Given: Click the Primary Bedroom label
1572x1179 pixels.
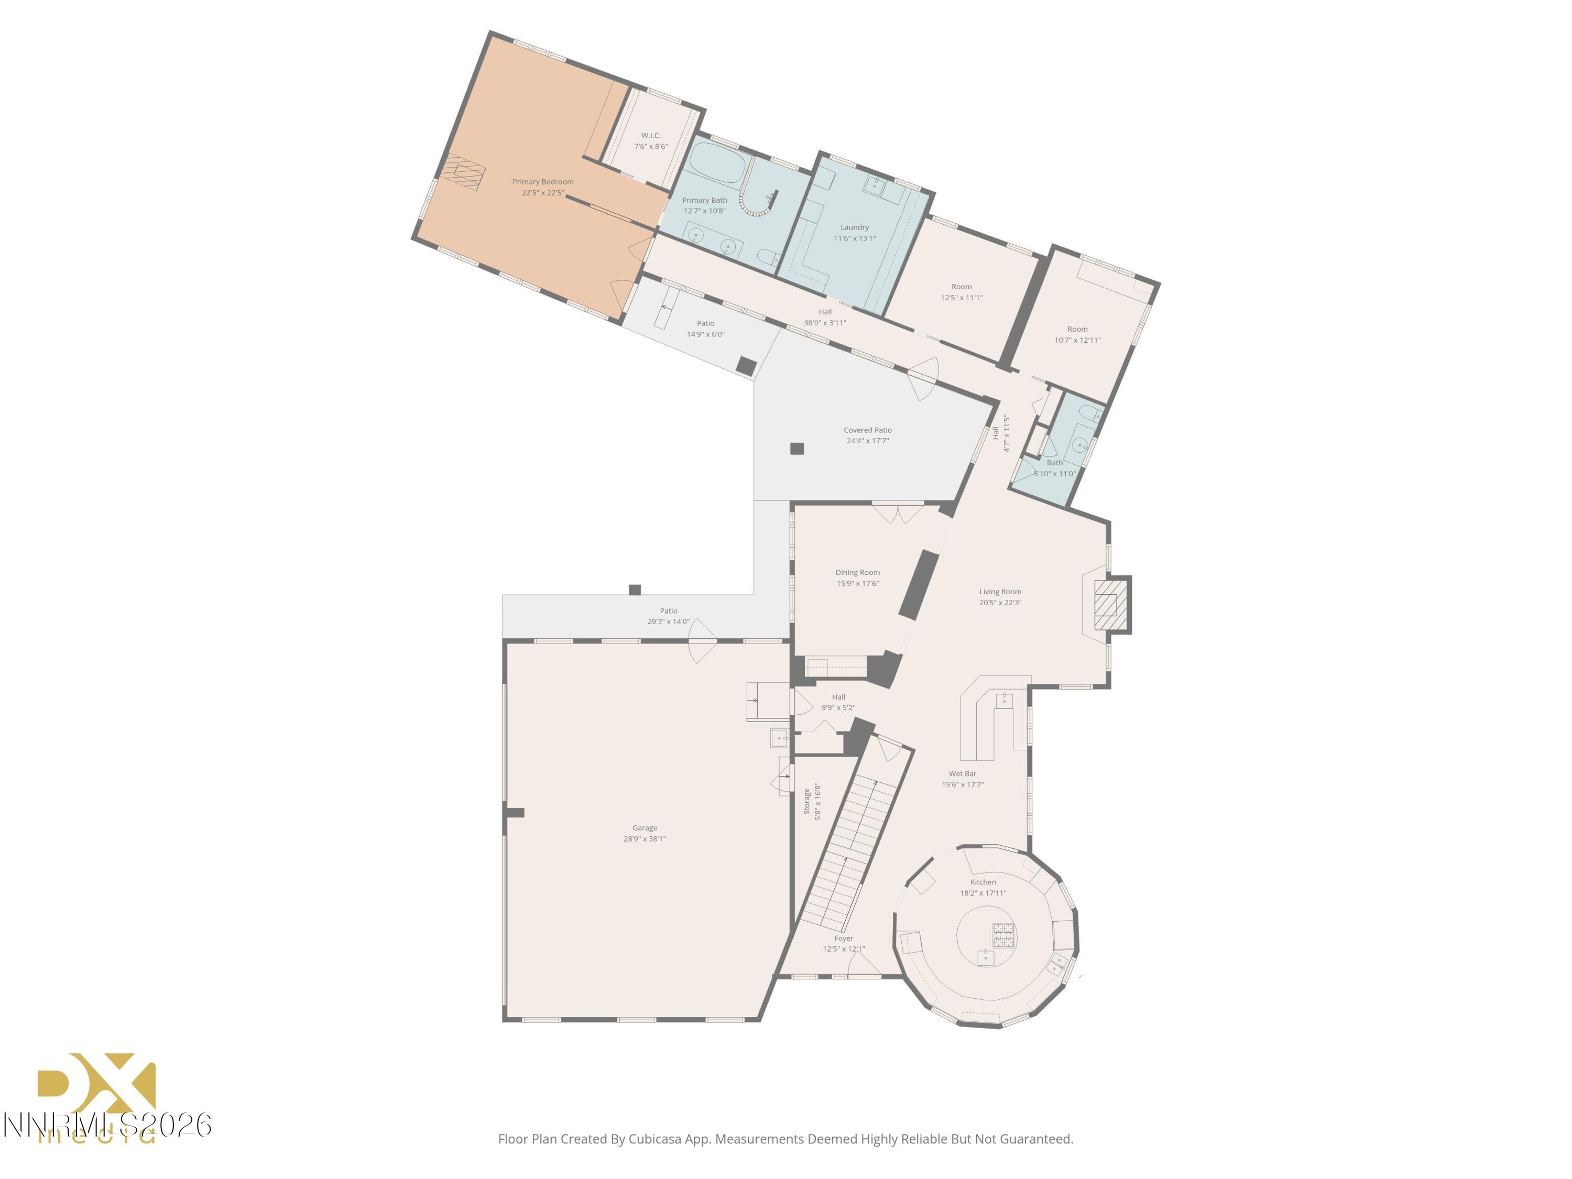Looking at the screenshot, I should pyautogui.click(x=542, y=182).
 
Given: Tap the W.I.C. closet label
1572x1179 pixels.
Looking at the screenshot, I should pyautogui.click(x=650, y=135).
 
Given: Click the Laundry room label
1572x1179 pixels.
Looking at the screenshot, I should pyautogui.click(x=854, y=227).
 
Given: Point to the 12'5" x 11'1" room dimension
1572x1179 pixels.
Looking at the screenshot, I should pyautogui.click(x=961, y=298).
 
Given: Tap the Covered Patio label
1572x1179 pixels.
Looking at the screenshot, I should pyautogui.click(x=867, y=430).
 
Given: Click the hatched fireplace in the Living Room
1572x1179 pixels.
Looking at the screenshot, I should pyautogui.click(x=1110, y=605).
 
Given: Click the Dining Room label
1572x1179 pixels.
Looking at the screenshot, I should pyautogui.click(x=857, y=573).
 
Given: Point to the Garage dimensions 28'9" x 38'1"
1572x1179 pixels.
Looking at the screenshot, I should pyautogui.click(x=644, y=838).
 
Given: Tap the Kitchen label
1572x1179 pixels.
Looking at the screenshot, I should pyautogui.click(x=983, y=882).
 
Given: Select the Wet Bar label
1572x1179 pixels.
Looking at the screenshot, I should pyautogui.click(x=962, y=774).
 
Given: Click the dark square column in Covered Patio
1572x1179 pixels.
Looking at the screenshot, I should pyautogui.click(x=796, y=449).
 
